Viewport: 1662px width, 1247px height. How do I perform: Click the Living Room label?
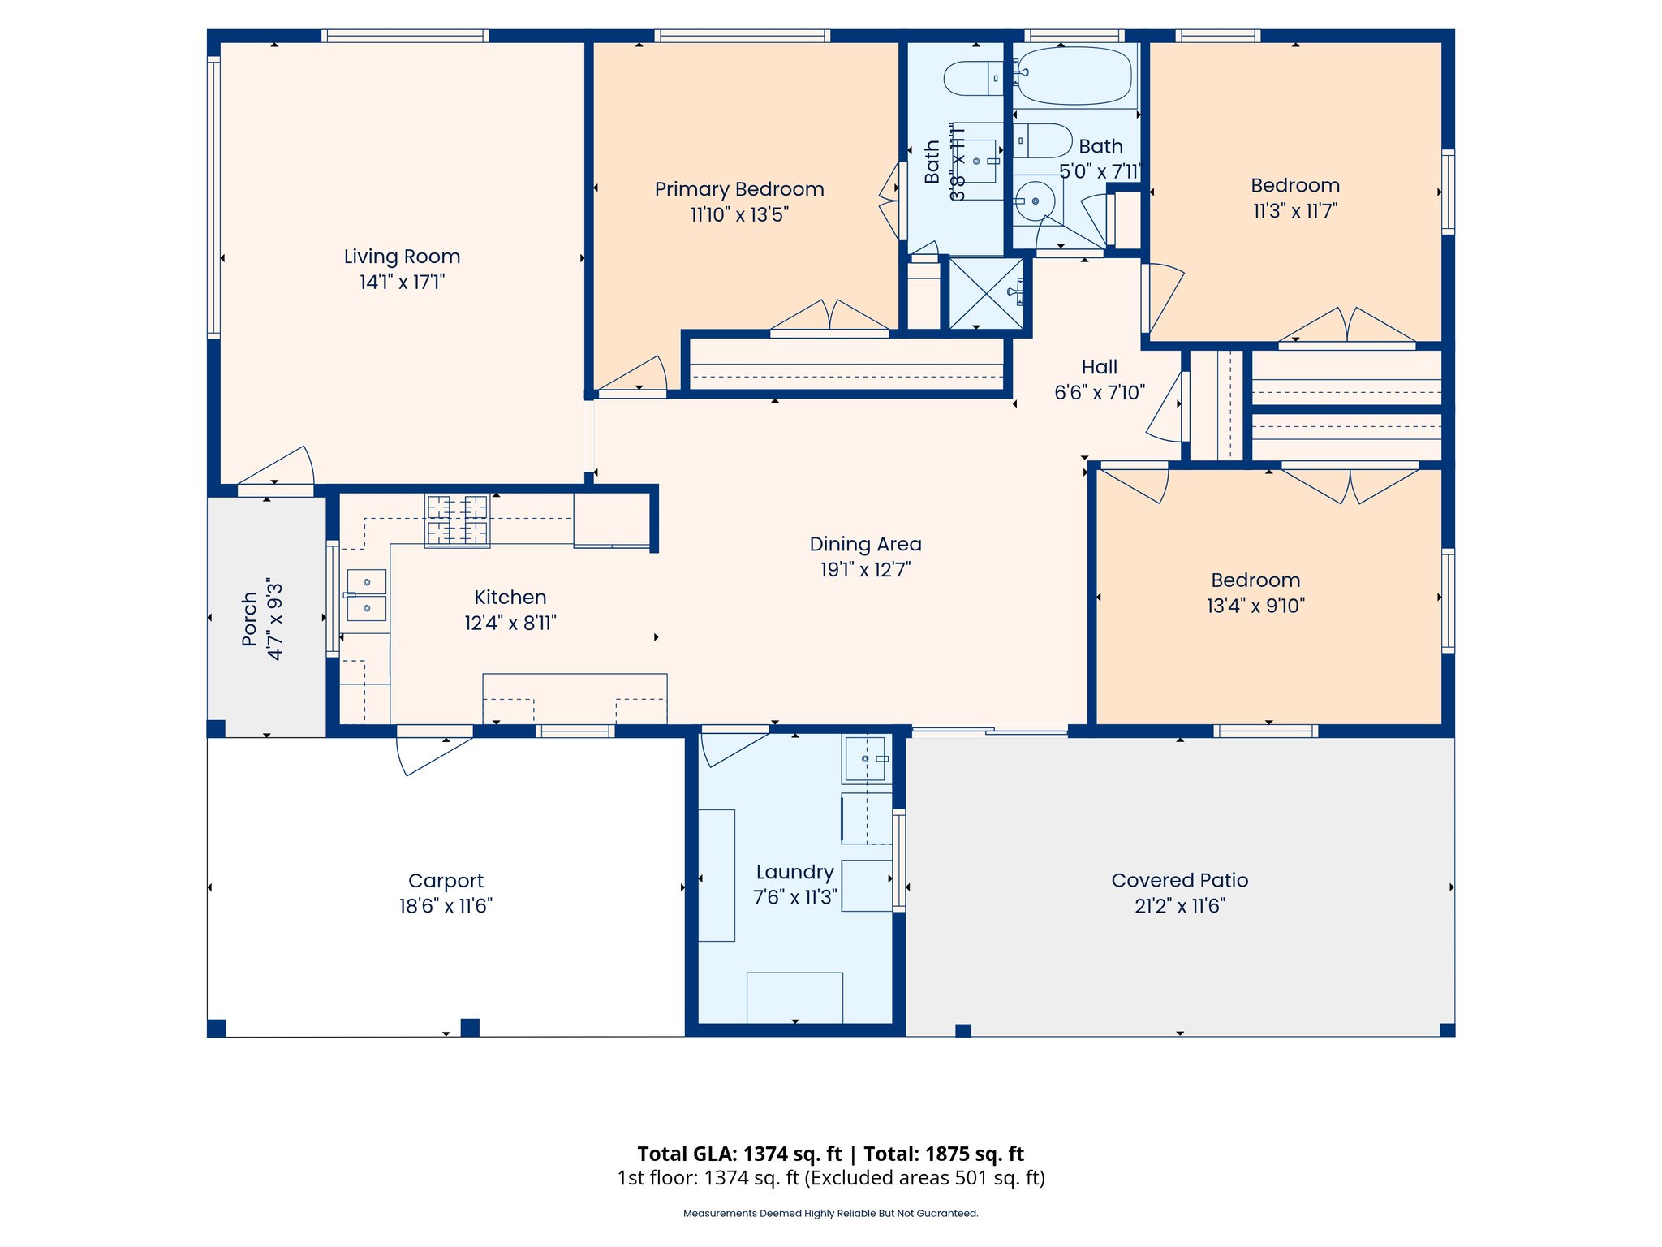click(402, 257)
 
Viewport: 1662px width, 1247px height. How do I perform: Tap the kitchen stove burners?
click(458, 520)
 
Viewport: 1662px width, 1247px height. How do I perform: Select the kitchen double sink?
click(366, 595)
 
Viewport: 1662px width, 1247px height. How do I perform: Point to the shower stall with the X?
click(986, 293)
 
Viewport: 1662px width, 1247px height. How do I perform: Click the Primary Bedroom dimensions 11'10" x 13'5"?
click(739, 215)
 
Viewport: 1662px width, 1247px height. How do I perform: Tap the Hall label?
click(1099, 367)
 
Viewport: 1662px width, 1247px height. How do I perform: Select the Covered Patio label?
click(1179, 880)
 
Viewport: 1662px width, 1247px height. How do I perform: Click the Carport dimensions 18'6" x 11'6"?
click(446, 906)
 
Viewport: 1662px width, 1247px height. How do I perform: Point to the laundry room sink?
click(866, 759)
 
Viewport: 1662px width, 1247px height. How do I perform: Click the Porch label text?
click(250, 619)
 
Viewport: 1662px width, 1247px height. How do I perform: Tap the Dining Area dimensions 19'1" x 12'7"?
click(865, 570)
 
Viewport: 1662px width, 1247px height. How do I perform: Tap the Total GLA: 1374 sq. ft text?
click(739, 1154)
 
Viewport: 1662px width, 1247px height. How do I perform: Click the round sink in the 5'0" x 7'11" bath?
click(1036, 201)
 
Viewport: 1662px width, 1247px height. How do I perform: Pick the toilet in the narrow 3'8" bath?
click(972, 79)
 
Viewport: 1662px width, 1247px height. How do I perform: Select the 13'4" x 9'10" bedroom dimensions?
click(1255, 606)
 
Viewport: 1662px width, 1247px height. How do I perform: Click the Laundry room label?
click(794, 872)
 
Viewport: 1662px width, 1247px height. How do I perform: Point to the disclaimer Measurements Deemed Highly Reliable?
click(830, 1214)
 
